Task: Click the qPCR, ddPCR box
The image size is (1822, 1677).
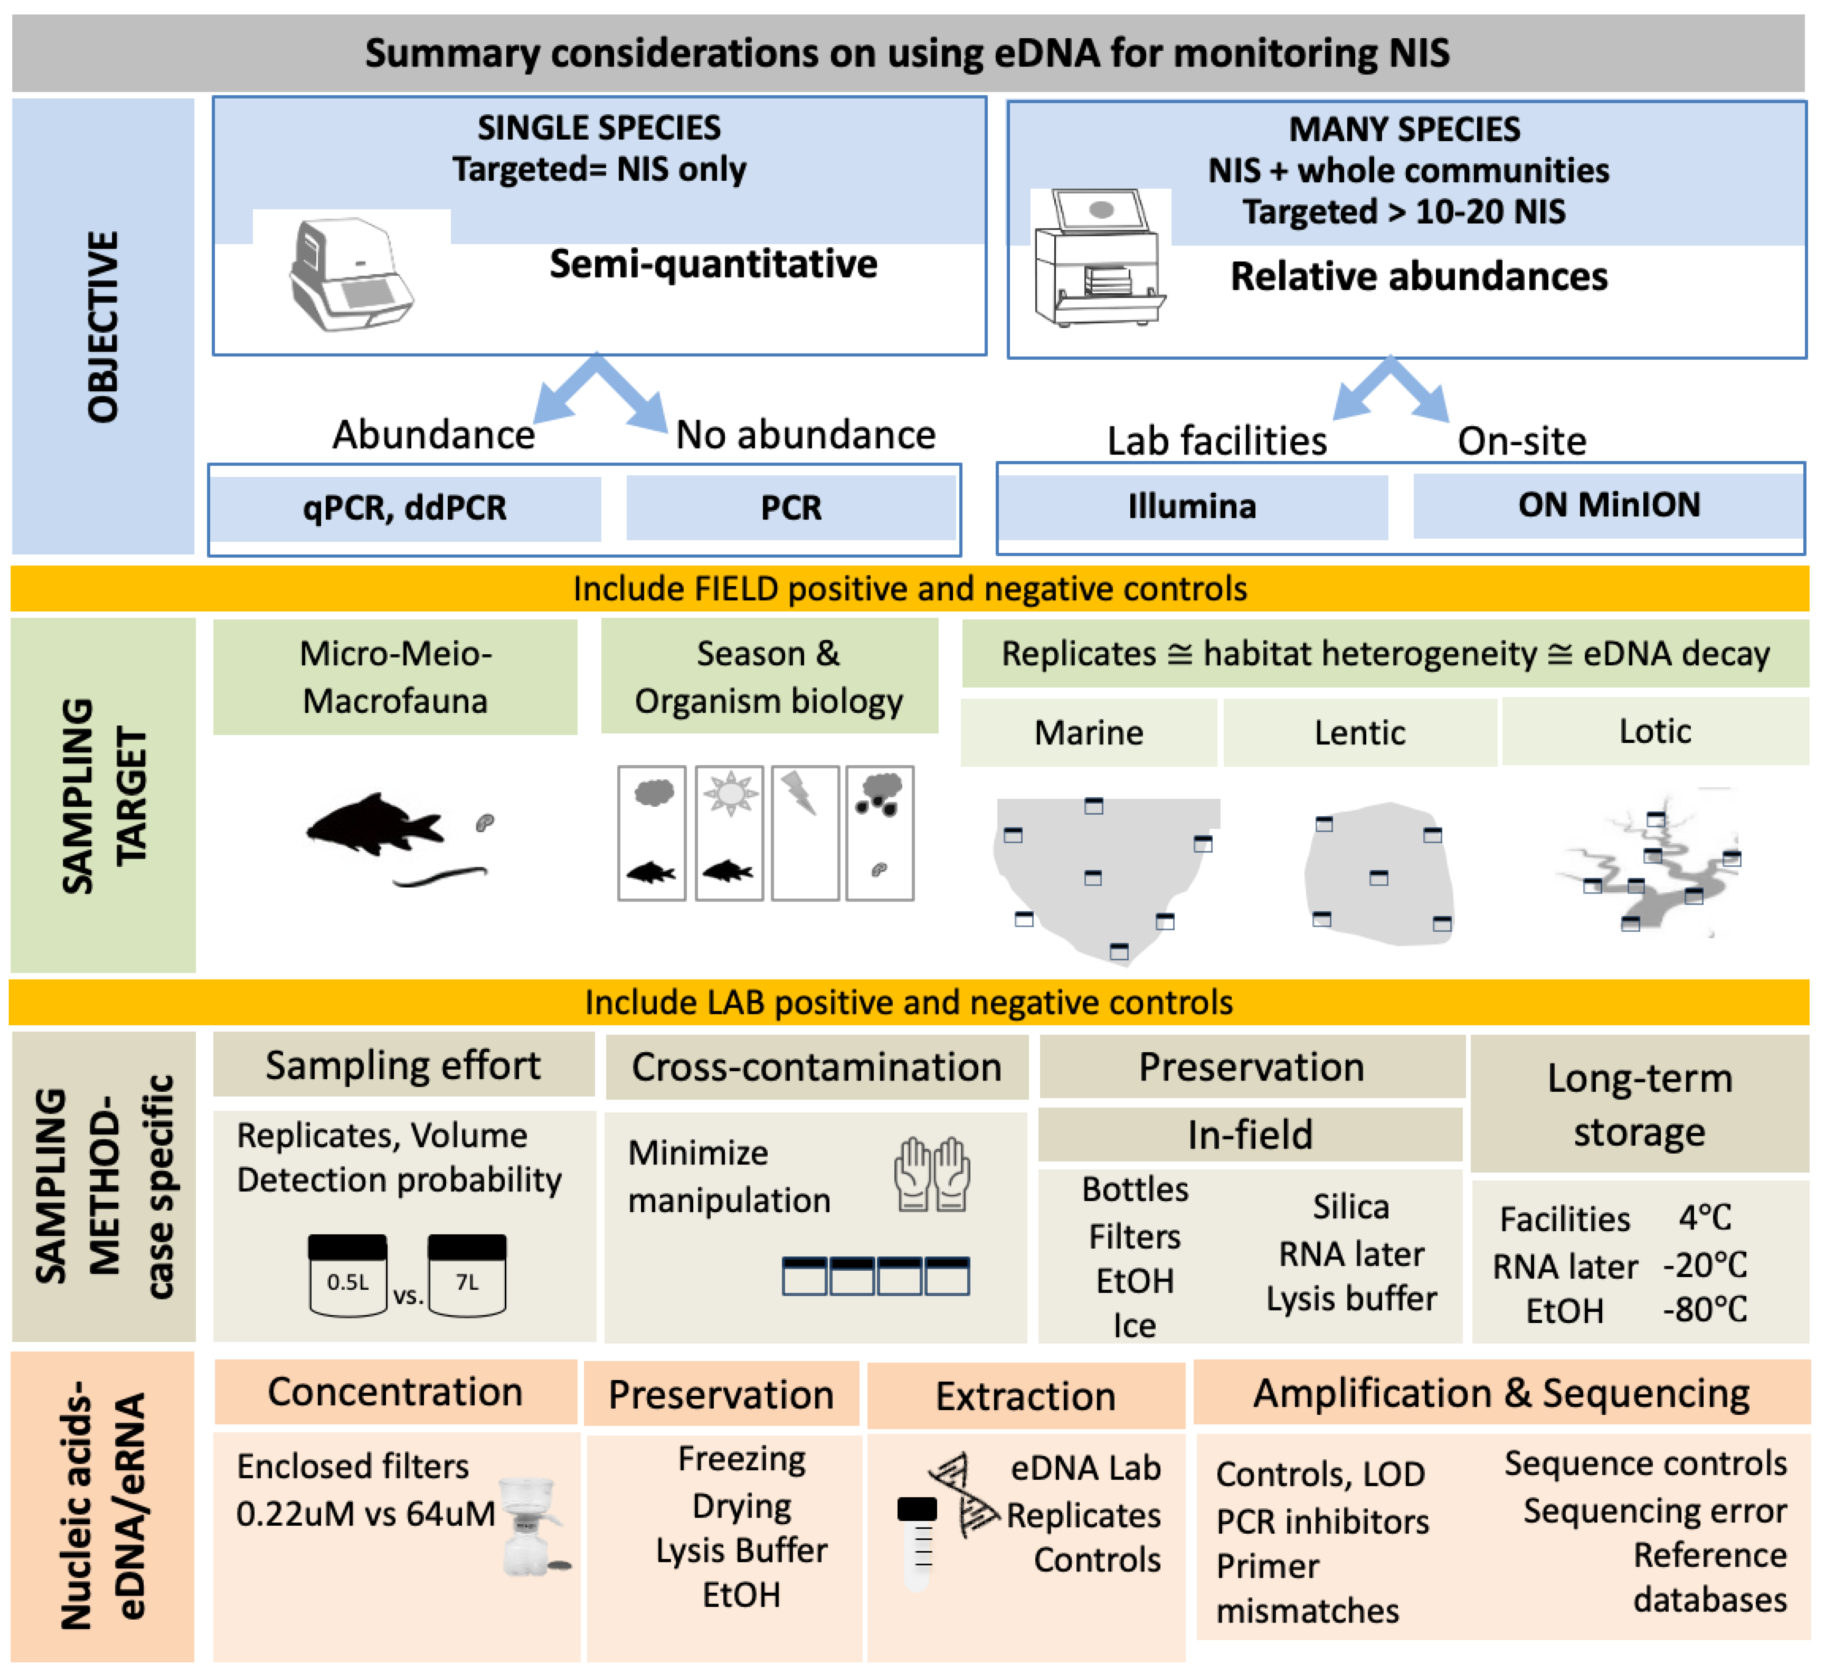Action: click(405, 507)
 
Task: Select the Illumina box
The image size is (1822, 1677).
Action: click(1192, 506)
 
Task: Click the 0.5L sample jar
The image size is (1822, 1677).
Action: click(348, 1275)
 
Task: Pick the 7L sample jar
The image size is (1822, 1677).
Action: click(467, 1275)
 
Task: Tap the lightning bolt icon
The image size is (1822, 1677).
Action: click(802, 792)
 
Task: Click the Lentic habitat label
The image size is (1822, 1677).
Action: click(1359, 732)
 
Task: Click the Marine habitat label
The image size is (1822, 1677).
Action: click(1089, 732)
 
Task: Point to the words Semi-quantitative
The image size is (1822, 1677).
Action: click(713, 264)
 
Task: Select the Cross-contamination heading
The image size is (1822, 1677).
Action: click(817, 1067)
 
